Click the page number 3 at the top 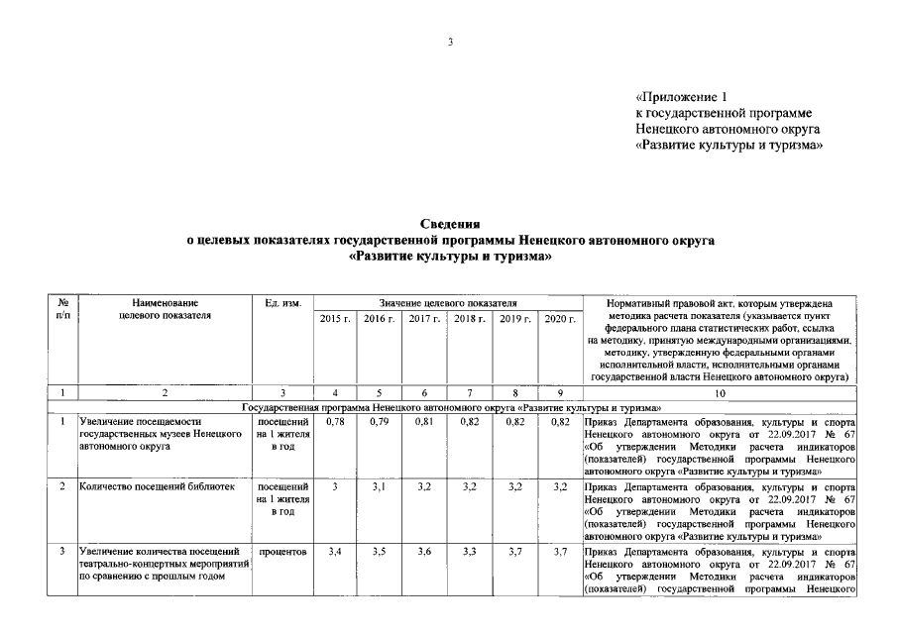tap(449, 42)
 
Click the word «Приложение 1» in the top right tap(682, 97)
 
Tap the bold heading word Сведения tap(449, 225)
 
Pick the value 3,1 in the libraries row tap(379, 487)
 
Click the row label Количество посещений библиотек tap(156, 487)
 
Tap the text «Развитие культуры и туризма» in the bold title tap(449, 256)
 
